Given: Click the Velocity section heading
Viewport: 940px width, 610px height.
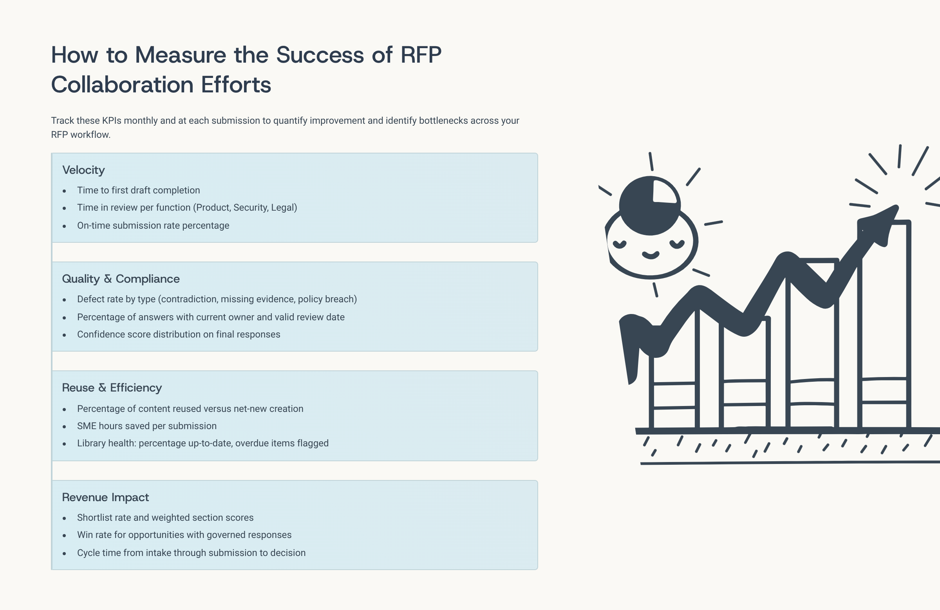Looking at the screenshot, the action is click(83, 170).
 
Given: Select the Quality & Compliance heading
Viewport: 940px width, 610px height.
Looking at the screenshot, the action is click(121, 279).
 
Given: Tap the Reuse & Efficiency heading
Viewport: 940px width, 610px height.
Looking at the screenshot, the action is click(112, 388).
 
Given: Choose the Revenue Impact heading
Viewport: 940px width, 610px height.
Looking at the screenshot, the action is click(105, 497).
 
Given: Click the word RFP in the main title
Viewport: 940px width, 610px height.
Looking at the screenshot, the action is click(421, 54).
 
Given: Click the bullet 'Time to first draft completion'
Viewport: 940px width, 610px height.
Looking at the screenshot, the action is click(139, 190).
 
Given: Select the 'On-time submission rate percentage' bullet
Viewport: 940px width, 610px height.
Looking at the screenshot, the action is click(153, 226).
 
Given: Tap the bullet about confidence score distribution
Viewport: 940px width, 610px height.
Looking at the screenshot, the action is click(179, 334).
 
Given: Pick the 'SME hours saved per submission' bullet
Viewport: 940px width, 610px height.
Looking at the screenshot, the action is click(147, 426).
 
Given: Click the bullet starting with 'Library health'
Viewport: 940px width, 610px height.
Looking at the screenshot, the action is click(202, 443).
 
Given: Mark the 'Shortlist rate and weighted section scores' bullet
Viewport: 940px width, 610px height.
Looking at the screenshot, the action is click(165, 518).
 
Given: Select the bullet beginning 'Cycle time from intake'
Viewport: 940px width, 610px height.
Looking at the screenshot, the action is click(191, 553).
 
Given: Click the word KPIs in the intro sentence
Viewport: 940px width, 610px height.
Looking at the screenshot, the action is click(112, 121).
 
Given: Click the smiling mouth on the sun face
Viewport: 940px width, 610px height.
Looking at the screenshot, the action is click(651, 255).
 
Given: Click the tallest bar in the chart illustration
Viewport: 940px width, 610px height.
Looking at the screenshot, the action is click(885, 324).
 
